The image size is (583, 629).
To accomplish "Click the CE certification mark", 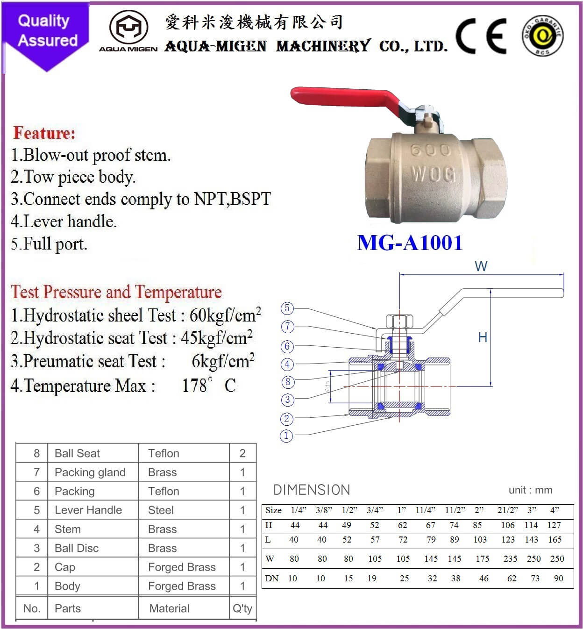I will (x=481, y=36).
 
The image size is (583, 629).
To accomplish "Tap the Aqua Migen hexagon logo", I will (x=128, y=28).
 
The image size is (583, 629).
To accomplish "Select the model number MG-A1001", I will (x=410, y=243).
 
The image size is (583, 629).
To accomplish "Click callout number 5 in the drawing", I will (x=287, y=308).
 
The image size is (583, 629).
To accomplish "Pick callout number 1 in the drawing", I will (x=286, y=436).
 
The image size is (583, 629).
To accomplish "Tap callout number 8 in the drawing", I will (x=287, y=382).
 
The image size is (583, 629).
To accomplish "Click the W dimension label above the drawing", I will (x=481, y=266).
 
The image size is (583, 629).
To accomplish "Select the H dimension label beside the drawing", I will (x=483, y=337).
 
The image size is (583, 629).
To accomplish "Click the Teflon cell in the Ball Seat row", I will (x=164, y=453).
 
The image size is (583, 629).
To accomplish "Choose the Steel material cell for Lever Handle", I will (x=161, y=510).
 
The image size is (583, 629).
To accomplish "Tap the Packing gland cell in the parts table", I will (x=90, y=472).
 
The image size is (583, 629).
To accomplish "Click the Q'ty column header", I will (x=242, y=608).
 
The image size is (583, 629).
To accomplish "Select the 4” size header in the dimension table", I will (x=555, y=510).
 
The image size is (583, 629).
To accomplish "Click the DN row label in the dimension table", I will (x=271, y=579).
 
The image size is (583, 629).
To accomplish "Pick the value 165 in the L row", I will (x=555, y=540).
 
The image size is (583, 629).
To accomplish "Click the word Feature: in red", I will (x=44, y=133).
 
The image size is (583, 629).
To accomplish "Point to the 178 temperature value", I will (x=194, y=386).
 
